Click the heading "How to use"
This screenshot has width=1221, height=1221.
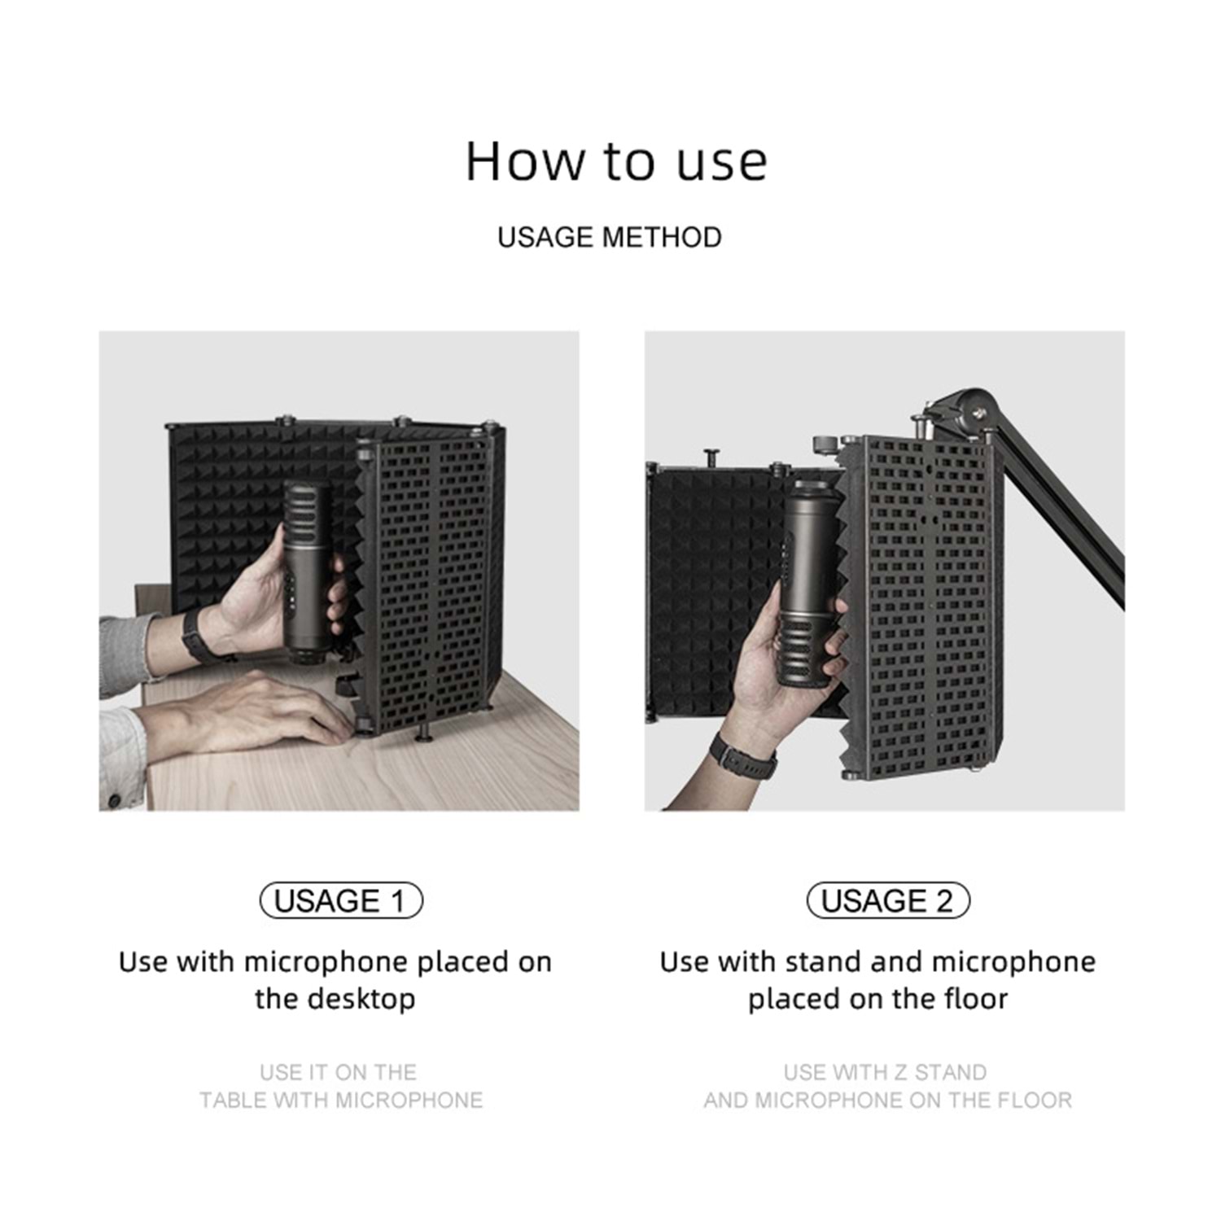click(616, 160)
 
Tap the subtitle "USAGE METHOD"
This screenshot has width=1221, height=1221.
click(610, 238)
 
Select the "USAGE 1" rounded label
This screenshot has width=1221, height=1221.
click(341, 900)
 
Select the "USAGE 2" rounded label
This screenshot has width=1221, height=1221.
click(888, 900)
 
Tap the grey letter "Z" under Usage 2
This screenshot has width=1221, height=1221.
click(899, 1072)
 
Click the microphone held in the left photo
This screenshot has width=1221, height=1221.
click(306, 570)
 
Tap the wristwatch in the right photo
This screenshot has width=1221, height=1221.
click(742, 756)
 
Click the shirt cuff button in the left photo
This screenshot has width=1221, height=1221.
click(114, 799)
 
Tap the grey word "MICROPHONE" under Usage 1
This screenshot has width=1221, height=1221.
click(409, 1101)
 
